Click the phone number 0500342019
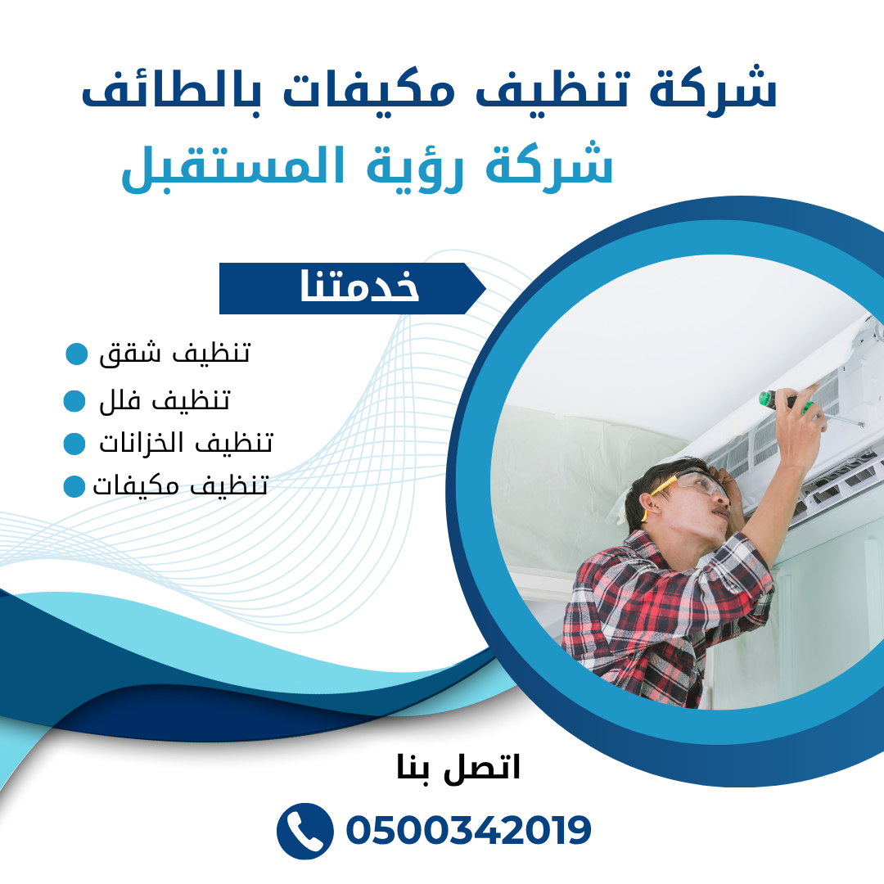tap(468, 830)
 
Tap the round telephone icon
tap(304, 831)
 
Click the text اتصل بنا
tap(458, 767)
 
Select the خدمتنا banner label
tap(359, 286)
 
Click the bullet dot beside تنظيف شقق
tap(77, 354)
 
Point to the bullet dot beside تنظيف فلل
tap(74, 401)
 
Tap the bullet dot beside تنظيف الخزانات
tap(74, 443)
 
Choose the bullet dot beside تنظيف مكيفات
tap(74, 486)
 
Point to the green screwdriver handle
tap(765, 399)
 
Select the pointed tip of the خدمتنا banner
tap(485, 289)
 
